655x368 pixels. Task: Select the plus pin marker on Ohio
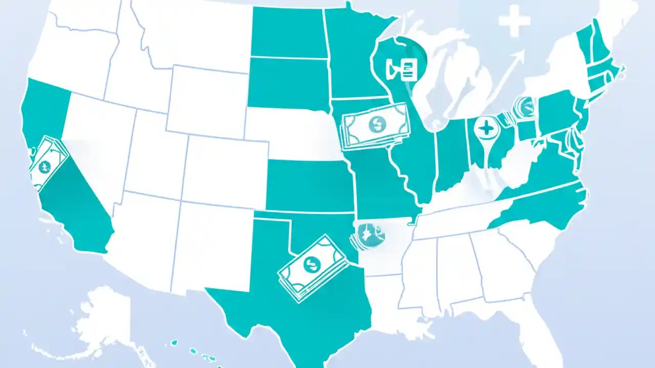486,128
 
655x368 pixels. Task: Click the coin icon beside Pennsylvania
526,106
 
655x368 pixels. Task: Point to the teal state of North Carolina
542,204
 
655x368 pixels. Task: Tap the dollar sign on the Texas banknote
310,264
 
